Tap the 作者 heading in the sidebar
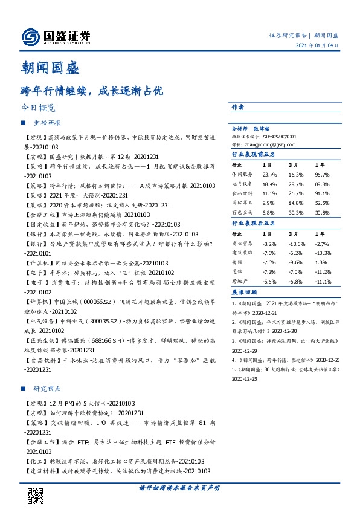tap(237, 107)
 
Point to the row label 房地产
tap(240, 282)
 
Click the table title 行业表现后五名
tap(253, 223)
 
